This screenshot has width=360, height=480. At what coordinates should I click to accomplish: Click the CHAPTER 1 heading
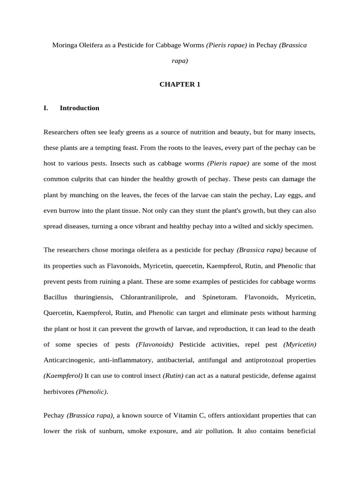pos(180,84)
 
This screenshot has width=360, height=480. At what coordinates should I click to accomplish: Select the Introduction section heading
pos(79,108)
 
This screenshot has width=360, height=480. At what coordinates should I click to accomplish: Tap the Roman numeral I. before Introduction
pos(46,108)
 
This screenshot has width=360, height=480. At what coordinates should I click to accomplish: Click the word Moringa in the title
pos(65,45)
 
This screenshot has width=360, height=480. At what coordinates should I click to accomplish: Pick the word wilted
pos(245,226)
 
